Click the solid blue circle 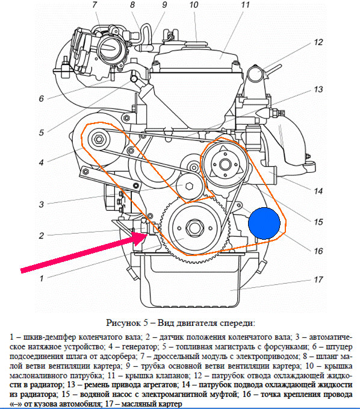coord(264,223)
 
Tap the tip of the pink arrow coord(147,234)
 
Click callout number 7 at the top coord(95,5)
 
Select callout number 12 coord(318,42)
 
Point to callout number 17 coord(318,279)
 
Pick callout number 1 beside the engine coord(42,278)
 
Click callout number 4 coord(41,163)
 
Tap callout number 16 coord(318,251)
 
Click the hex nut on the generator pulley coord(99,139)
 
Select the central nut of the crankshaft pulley coord(194,228)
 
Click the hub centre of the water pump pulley coord(225,164)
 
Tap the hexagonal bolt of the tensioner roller coord(189,186)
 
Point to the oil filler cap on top coord(196,45)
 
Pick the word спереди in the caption coord(236,323)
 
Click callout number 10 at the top coord(194,5)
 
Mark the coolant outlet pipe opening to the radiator coord(255,73)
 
